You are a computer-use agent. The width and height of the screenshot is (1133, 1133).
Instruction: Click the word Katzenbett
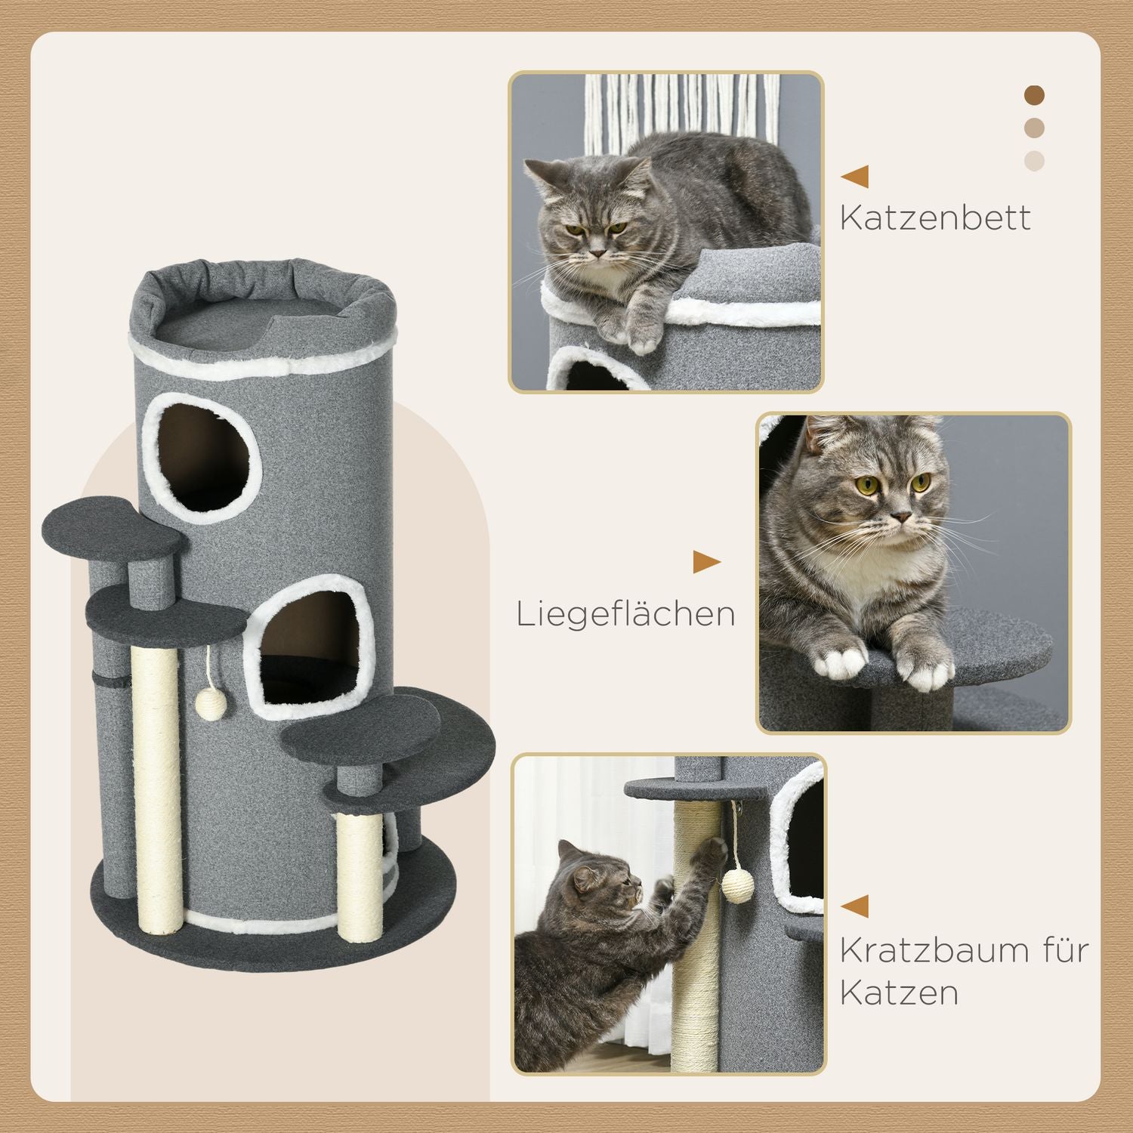934,218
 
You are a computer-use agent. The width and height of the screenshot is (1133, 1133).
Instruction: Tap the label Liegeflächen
625,614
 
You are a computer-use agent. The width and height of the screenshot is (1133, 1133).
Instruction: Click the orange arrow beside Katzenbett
855,177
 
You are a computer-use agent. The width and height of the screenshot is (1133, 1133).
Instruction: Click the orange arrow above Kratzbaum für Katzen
855,906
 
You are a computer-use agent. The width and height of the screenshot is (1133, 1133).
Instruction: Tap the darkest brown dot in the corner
1034,95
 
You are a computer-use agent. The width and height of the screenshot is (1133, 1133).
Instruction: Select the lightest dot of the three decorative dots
1034,160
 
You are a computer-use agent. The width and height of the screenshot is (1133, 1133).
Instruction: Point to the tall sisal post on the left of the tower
156,786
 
